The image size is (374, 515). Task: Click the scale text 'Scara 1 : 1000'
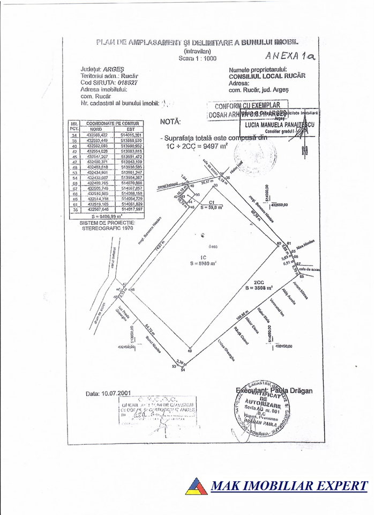tap(198, 58)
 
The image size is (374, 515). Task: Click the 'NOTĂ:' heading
tap(170, 122)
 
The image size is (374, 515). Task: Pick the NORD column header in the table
tap(95, 129)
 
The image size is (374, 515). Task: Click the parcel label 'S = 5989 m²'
tap(203, 263)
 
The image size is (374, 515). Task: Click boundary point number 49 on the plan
tap(189, 351)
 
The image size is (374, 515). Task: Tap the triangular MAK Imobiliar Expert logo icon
tap(196, 486)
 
